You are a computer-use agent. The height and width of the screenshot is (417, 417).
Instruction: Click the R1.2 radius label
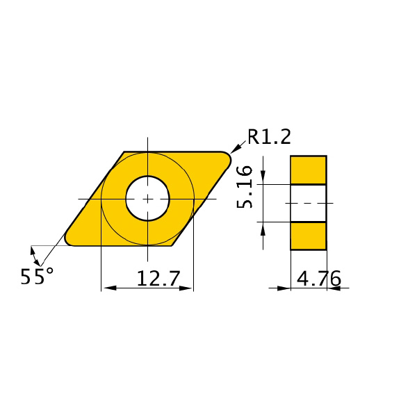(269, 137)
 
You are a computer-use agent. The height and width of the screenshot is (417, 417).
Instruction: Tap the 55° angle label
(37, 277)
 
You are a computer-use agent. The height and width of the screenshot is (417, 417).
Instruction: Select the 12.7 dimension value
(158, 279)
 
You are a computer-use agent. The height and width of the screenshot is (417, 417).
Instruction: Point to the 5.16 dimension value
(245, 187)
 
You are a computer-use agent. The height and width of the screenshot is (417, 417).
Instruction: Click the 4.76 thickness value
(318, 279)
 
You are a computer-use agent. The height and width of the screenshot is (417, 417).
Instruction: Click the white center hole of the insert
(147, 198)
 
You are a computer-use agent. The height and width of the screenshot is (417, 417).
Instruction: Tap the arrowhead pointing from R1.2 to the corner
(235, 149)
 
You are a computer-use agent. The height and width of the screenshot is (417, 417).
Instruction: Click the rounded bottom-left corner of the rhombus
(69, 241)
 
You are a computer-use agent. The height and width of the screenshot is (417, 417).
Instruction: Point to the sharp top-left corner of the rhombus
(124, 152)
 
